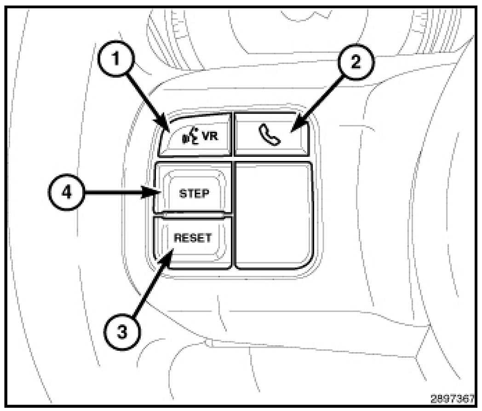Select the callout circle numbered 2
pyautogui.click(x=356, y=63)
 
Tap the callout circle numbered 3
pyautogui.click(x=122, y=332)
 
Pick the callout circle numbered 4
pyautogui.click(x=66, y=193)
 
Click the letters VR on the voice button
pyautogui.click(x=210, y=136)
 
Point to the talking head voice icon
pyautogui.click(x=191, y=137)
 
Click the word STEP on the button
pyautogui.click(x=194, y=194)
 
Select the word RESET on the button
pyautogui.click(x=193, y=238)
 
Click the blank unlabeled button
pyautogui.click(x=274, y=216)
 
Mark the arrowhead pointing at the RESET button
pyautogui.click(x=166, y=258)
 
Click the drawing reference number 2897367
pyautogui.click(x=453, y=399)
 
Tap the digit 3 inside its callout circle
pyautogui.click(x=122, y=332)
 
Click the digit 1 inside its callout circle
pyautogui.click(x=115, y=59)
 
